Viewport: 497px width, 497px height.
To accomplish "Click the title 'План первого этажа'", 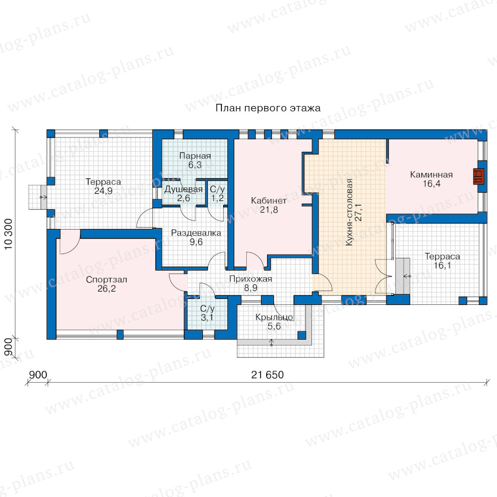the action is click(268, 108).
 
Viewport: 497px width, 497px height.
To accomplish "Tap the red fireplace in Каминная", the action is click(479, 176).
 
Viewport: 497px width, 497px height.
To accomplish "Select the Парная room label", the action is click(195, 156).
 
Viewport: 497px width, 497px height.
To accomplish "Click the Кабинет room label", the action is click(269, 200).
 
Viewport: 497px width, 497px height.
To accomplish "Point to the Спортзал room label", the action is click(107, 279).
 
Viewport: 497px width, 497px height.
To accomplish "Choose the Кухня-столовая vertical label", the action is click(350, 212).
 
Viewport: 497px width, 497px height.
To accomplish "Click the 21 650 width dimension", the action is click(267, 375).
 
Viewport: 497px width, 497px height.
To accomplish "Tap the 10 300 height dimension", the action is click(8, 234).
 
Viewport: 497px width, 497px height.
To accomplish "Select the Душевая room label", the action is click(183, 189).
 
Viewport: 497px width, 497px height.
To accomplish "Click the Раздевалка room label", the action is click(196, 233).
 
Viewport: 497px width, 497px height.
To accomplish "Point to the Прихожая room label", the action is click(251, 279).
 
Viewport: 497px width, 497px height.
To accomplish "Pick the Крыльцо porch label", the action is click(274, 318).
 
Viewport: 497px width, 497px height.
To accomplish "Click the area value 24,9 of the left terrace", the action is click(103, 191).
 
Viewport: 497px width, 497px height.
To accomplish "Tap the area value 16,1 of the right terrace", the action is click(442, 265).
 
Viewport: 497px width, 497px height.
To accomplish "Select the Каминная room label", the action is click(431, 175).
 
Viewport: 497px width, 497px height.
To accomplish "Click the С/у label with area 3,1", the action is click(207, 308).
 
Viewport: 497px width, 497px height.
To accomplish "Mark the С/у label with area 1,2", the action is click(218, 189).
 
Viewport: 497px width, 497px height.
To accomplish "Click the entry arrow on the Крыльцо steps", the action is click(271, 342).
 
